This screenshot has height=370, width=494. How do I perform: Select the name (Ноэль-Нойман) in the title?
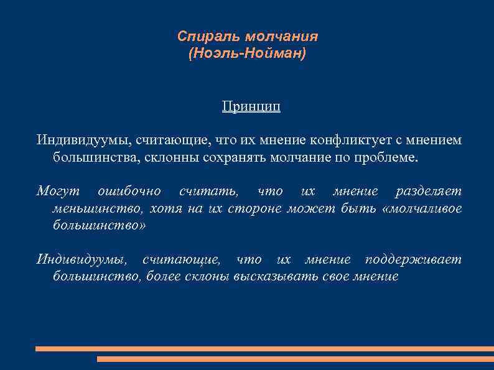247,55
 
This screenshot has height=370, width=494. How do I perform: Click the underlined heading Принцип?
251,106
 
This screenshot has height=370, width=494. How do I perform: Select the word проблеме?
389,157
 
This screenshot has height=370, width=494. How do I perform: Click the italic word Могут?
55,191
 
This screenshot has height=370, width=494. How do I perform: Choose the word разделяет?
429,191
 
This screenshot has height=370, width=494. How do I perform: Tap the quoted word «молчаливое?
424,208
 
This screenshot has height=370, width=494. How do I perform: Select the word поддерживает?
413,259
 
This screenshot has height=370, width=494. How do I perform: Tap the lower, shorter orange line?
295,359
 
